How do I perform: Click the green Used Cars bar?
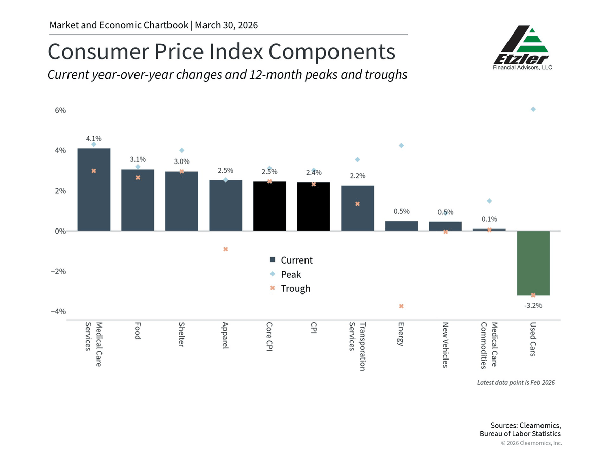[x=533, y=263]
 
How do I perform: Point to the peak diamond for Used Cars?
[x=533, y=109]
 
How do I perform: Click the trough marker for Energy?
[x=401, y=306]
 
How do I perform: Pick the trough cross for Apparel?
[x=226, y=249]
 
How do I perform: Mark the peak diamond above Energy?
[x=401, y=146]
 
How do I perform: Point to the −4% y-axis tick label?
[x=58, y=311]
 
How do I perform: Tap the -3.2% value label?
[x=533, y=305]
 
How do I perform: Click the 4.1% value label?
[x=93, y=138]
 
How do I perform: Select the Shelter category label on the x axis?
[x=182, y=335]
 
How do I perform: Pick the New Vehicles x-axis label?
[x=445, y=345]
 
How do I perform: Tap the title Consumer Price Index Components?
[x=221, y=52]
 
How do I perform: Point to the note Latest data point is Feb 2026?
[x=516, y=382]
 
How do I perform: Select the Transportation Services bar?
[x=357, y=208]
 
